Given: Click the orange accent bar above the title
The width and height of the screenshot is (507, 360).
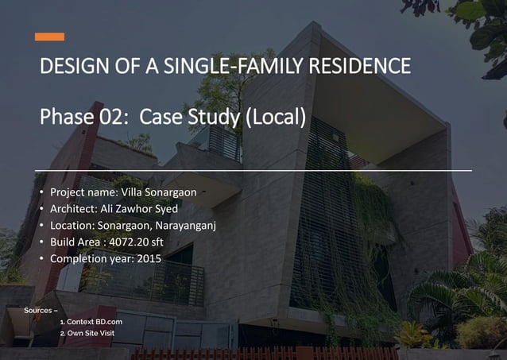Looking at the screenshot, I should tap(49, 37).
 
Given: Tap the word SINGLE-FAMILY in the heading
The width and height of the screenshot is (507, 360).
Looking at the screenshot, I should tap(234, 66).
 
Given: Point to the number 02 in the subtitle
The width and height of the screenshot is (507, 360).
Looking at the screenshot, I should tap(111, 118).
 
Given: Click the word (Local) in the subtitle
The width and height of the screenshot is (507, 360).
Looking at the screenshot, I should tap(274, 118).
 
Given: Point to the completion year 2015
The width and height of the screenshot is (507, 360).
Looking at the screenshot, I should tap(149, 259).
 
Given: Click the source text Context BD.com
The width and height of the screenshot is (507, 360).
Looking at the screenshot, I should tap(95, 322).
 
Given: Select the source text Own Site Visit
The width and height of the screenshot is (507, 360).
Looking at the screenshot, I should tap(91, 333).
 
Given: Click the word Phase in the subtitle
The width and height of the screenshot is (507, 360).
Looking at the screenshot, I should tap(67, 118).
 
